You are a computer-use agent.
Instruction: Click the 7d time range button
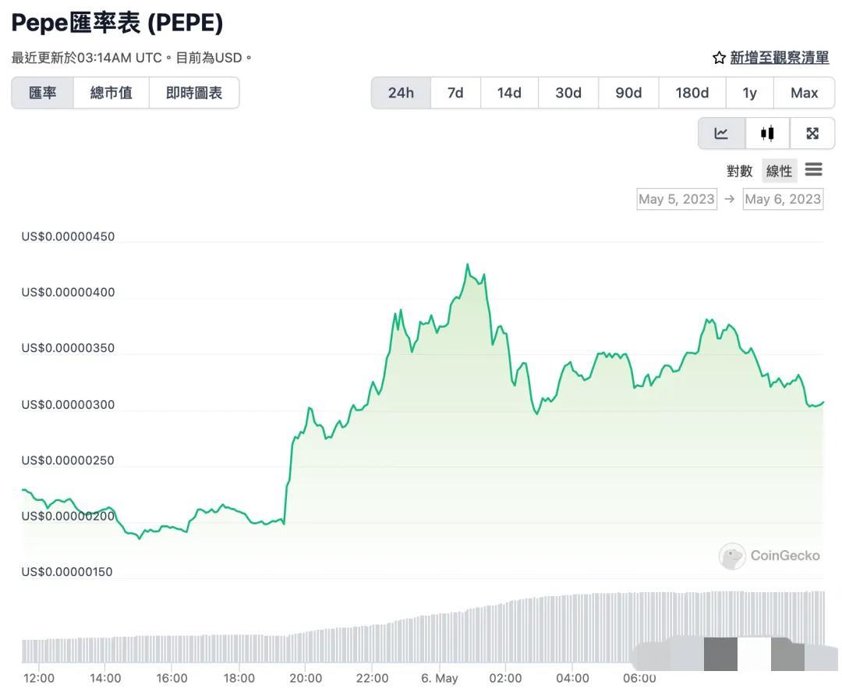(x=455, y=93)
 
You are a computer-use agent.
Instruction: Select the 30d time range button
(x=568, y=93)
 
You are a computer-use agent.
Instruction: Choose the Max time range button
(x=804, y=93)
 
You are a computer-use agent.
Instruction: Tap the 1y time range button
(x=749, y=93)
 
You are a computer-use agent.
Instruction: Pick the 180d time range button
(x=692, y=93)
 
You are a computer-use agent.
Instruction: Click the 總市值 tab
(x=111, y=93)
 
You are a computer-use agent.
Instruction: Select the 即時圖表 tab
(x=194, y=93)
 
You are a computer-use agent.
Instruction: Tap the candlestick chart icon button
(x=767, y=133)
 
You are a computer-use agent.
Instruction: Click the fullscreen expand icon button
(x=812, y=133)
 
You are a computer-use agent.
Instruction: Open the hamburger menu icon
(x=814, y=169)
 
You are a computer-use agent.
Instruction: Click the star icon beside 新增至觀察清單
(x=719, y=58)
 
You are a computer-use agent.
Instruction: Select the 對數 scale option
(x=739, y=171)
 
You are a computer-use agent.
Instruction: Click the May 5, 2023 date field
(x=676, y=199)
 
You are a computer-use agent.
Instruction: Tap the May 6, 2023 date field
(x=783, y=199)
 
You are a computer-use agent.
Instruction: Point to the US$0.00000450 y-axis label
(x=68, y=236)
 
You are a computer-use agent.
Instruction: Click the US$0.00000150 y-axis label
(x=68, y=572)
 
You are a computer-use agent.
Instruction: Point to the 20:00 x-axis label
(x=306, y=678)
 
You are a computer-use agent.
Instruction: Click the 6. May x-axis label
(x=440, y=678)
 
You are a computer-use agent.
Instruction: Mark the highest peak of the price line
(x=467, y=265)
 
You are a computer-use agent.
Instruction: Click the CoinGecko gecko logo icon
(x=732, y=556)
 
